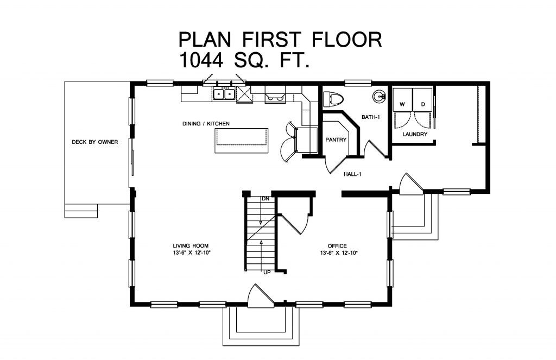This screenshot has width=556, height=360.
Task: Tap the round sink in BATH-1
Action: [x=378, y=97]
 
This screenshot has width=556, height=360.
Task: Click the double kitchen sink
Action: [x=224, y=94]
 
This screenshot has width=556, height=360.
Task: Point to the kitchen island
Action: [x=242, y=140]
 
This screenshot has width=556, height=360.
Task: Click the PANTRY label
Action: [x=336, y=140]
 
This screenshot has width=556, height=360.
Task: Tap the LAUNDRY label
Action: [x=415, y=134]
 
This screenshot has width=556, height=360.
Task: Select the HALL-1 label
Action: [x=352, y=174]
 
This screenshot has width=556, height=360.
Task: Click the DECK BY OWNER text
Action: [x=95, y=142]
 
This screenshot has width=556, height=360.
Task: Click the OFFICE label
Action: [x=338, y=246]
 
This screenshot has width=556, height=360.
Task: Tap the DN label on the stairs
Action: [x=266, y=199]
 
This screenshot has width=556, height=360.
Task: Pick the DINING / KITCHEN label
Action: [x=206, y=124]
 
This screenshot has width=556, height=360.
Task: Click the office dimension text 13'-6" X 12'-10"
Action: [x=339, y=253]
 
